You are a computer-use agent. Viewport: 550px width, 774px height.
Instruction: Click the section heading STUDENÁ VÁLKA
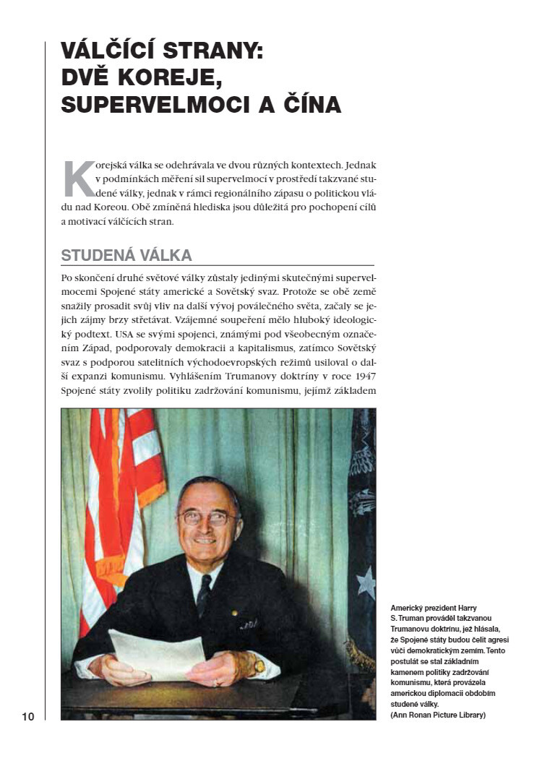[x=126, y=255]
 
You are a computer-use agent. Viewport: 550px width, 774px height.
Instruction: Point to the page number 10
[x=28, y=716]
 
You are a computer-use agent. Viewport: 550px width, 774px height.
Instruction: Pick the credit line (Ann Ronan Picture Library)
[x=437, y=715]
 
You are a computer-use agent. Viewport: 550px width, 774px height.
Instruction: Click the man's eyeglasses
[x=206, y=517]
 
